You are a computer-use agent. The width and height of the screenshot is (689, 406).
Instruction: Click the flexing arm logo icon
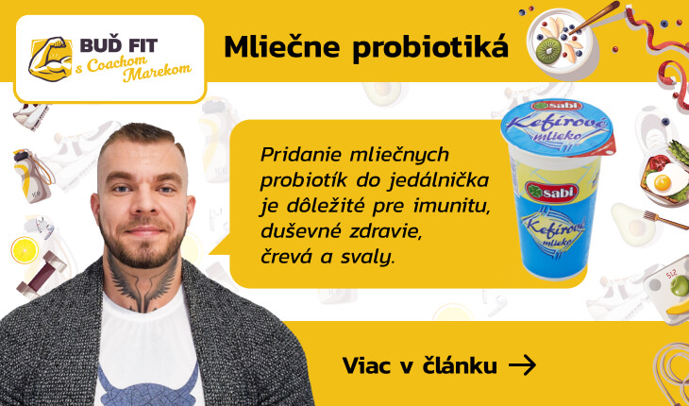point(51,59)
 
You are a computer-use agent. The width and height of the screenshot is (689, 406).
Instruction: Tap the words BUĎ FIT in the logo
point(119,45)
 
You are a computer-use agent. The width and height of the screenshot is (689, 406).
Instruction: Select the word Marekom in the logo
point(158,73)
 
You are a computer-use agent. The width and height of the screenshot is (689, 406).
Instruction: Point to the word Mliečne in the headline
point(281,46)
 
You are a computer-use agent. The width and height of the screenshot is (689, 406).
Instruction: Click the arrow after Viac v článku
point(522,364)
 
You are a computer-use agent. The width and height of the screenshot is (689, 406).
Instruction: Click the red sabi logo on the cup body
point(551,192)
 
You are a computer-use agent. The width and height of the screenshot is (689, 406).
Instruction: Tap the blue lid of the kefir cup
point(557,127)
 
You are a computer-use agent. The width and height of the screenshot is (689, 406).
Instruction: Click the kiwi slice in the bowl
point(548,50)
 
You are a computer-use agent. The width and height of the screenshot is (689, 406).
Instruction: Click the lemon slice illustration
point(25,250)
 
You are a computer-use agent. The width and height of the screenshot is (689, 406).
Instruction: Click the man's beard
point(142,244)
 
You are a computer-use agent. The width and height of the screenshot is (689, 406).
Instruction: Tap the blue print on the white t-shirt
point(146,384)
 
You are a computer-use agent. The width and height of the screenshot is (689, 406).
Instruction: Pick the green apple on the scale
point(680,286)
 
